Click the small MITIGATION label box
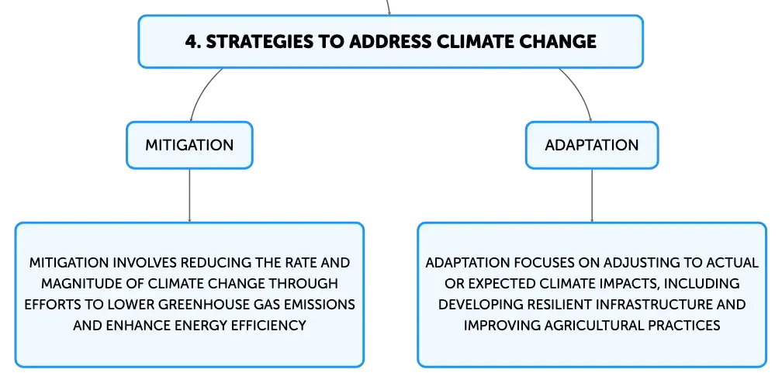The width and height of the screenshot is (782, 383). pyautogui.click(x=189, y=145)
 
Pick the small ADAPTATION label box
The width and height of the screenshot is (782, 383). pyautogui.click(x=592, y=145)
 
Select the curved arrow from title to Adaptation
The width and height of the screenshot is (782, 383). pyautogui.click(x=582, y=90)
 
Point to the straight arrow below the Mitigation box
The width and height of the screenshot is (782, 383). pyautogui.click(x=189, y=195)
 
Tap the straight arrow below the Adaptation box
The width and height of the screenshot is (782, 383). pyautogui.click(x=592, y=195)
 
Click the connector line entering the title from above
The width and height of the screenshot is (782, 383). pyautogui.click(x=388, y=7)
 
